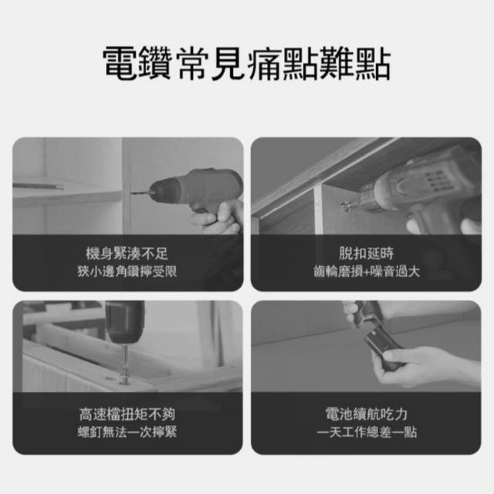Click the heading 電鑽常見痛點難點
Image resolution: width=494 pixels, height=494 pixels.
tap(247, 63)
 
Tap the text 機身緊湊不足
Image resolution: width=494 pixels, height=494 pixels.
tap(127, 254)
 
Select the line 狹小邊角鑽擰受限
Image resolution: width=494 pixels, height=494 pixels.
tap(127, 271)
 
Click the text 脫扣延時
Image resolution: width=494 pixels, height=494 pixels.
tap(366, 253)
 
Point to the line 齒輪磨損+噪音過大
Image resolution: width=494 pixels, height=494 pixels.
tap(367, 271)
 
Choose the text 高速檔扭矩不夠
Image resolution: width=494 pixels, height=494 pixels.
tap(127, 414)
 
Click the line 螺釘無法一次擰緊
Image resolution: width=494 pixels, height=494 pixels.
tap(127, 431)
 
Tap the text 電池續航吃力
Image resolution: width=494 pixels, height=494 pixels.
tap(367, 414)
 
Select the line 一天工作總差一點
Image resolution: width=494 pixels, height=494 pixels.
tap(367, 431)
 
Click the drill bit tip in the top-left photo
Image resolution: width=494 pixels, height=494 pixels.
tap(131, 192)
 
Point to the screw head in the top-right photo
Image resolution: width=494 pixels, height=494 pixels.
tap(345, 207)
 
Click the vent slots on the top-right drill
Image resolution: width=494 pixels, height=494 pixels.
tap(435, 180)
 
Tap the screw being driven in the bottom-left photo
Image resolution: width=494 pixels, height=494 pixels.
tap(125, 365)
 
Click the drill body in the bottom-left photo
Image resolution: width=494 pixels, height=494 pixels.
tap(125, 322)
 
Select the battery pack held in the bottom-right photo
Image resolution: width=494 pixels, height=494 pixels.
tap(383, 347)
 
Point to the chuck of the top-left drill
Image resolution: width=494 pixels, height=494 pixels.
tap(164, 191)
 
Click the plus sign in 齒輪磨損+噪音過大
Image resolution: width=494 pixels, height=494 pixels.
tap(367, 272)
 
